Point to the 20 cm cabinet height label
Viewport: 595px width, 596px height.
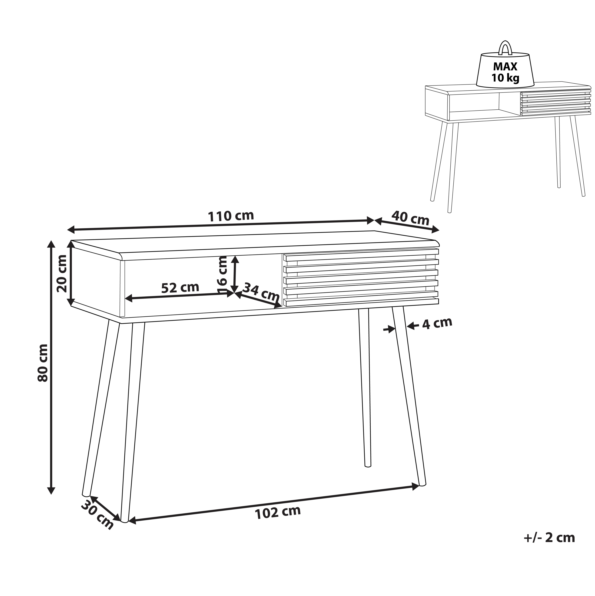pyautogui.click(x=62, y=273)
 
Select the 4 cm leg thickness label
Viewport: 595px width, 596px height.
pyautogui.click(x=437, y=323)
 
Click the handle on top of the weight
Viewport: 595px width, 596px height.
pyautogui.click(x=505, y=51)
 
